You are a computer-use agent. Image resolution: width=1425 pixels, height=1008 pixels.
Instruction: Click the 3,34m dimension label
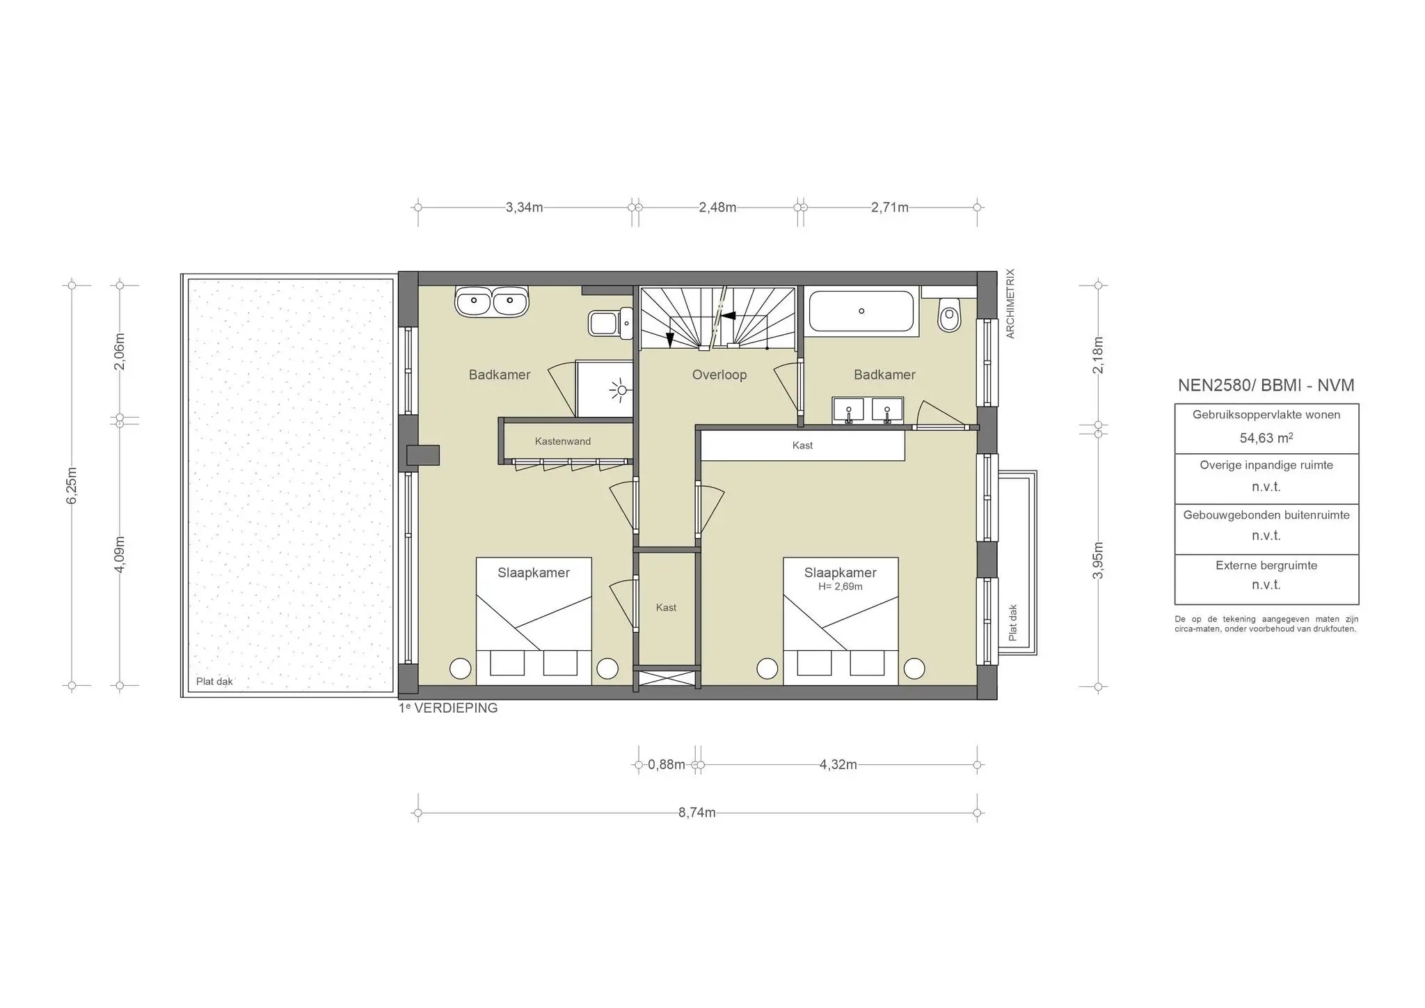click(x=524, y=207)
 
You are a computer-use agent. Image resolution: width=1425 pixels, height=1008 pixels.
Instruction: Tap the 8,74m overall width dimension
click(x=696, y=812)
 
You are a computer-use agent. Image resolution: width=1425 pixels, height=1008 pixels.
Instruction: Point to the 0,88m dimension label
click(x=666, y=764)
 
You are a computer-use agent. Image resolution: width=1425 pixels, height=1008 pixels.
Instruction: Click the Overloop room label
click(x=719, y=375)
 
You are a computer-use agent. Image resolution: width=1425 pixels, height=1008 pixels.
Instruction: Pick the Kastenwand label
click(x=562, y=441)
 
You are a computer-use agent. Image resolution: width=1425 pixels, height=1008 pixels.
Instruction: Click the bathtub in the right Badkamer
click(x=861, y=311)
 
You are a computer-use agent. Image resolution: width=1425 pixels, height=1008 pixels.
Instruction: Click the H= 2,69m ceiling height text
click(x=840, y=587)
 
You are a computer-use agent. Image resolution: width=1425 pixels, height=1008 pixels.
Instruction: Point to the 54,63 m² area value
click(x=1266, y=438)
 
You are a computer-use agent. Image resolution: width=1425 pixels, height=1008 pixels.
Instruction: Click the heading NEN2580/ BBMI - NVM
click(x=1266, y=386)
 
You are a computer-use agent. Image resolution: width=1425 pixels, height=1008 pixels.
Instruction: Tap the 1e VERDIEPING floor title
click(x=448, y=708)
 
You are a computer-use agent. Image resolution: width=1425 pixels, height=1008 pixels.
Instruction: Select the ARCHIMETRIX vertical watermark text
click(x=1011, y=304)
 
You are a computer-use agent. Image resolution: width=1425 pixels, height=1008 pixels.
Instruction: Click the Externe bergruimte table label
click(x=1266, y=565)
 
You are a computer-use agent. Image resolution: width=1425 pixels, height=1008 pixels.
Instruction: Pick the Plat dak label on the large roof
click(x=214, y=682)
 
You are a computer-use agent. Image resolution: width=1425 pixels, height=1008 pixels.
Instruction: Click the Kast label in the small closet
click(x=666, y=608)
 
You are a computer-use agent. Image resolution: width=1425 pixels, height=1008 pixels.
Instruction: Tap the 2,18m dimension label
click(x=1098, y=355)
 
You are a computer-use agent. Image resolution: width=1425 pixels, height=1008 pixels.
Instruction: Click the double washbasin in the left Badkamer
click(x=491, y=301)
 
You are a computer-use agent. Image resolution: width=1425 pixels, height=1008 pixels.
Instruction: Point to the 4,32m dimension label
click(x=838, y=764)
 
